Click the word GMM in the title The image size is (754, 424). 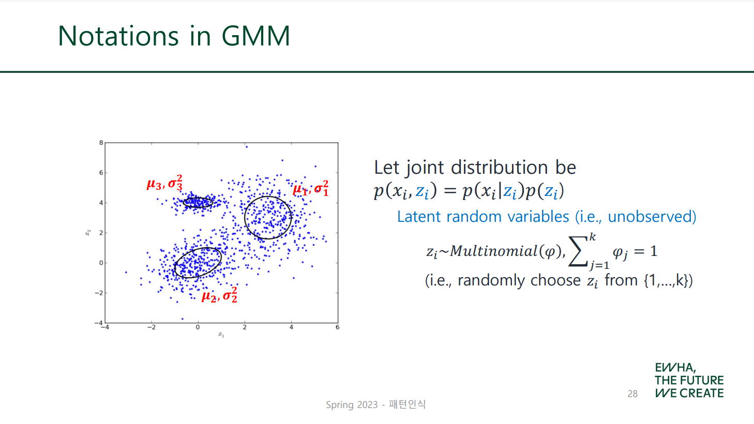click(256, 36)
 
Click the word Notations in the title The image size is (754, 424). click(118, 36)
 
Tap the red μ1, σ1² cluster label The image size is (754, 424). click(310, 188)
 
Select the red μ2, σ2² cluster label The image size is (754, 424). click(219, 295)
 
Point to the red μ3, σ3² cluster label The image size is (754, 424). click(164, 183)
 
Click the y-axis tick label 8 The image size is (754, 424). click(101, 143)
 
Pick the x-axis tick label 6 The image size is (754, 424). click(337, 327)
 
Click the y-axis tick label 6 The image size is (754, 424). click(101, 173)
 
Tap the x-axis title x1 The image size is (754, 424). click(221, 335)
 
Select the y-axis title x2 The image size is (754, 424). click(88, 233)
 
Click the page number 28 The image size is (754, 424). click(632, 393)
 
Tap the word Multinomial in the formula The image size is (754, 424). click(494, 251)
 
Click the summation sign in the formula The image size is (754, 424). click(578, 251)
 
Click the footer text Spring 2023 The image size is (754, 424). click(352, 404)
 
